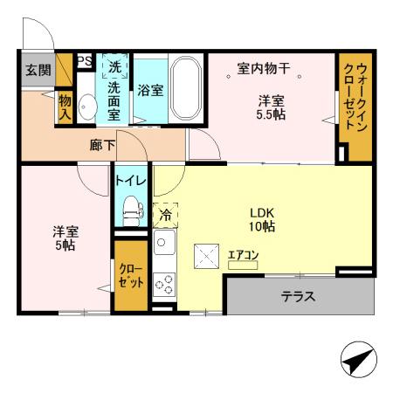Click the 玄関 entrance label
[36, 71]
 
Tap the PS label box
[85, 60]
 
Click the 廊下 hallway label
[103, 146]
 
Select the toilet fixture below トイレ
[132, 208]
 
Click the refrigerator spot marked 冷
[164, 212]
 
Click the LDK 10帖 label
[262, 218]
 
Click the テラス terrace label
[298, 297]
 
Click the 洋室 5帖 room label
[65, 238]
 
